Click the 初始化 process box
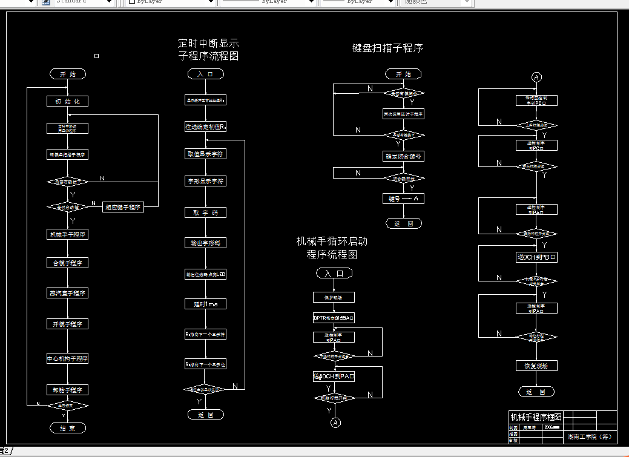coord(68,101)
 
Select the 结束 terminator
coord(68,428)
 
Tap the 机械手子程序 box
coord(68,234)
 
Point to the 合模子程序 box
coord(68,263)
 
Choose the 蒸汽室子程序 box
coord(68,293)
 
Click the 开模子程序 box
coord(68,324)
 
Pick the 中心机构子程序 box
coord(68,358)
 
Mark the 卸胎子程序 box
coord(68,390)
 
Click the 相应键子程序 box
coord(123,207)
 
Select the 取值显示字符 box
coord(205,154)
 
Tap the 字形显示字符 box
coord(205,181)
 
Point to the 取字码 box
coord(205,212)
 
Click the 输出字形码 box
coord(205,243)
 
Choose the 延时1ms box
coord(205,304)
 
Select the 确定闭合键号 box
coord(403,156)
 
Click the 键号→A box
coord(403,199)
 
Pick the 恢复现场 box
coord(536,366)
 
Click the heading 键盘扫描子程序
coord(387,48)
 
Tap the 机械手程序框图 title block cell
coord(536,417)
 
